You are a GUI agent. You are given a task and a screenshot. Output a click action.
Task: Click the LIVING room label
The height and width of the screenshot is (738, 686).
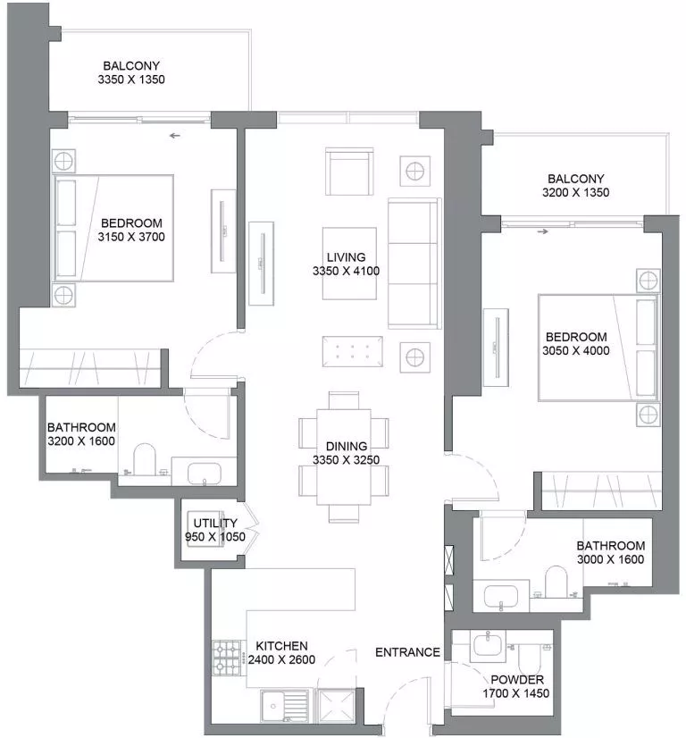pos(345,257)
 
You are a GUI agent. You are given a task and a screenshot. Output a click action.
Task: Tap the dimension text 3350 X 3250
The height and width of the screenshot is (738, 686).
pos(345,460)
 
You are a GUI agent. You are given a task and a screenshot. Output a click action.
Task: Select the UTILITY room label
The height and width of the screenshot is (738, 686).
pos(215,524)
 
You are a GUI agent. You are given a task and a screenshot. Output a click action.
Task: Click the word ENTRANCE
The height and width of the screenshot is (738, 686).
pos(407,652)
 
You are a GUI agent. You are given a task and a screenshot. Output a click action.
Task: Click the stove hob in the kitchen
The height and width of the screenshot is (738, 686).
pos(228,658)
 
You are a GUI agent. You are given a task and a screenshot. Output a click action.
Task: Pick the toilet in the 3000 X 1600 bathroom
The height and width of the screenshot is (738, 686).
pos(555,582)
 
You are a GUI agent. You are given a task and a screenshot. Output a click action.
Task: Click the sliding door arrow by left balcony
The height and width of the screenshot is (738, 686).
pos(175,136)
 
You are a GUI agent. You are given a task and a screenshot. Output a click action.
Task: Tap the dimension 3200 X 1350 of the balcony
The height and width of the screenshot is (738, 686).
pos(576,192)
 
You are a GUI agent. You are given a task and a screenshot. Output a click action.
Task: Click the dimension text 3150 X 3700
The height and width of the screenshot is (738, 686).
pos(131,237)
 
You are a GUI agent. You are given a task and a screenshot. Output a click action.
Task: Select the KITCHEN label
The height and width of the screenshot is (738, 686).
pos(281,646)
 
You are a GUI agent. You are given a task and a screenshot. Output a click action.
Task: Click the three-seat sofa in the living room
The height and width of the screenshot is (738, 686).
pos(414,263)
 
